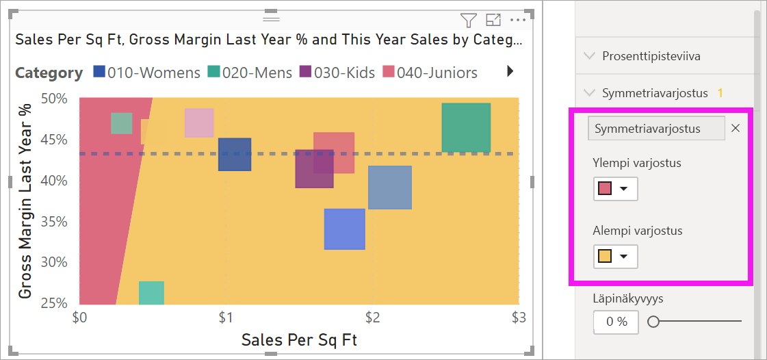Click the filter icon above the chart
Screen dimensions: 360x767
tap(468, 20)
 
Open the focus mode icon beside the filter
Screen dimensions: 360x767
tap(493, 20)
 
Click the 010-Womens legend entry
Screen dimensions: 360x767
tap(146, 73)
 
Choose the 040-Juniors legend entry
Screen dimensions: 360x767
tap(430, 73)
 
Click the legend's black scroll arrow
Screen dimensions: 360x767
tap(510, 71)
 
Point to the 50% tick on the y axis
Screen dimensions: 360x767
tap(54, 99)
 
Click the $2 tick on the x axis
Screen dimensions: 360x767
tap(373, 318)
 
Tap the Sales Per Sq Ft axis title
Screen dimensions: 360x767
tap(299, 339)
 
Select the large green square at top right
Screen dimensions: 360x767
tap(466, 127)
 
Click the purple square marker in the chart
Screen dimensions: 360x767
tap(314, 169)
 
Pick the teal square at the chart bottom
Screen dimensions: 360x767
tap(151, 293)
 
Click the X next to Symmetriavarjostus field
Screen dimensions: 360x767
tap(736, 128)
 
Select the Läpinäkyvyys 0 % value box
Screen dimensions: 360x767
tap(615, 322)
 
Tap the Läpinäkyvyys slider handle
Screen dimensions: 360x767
tap(653, 322)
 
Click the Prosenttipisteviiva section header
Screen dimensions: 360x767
tap(651, 56)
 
